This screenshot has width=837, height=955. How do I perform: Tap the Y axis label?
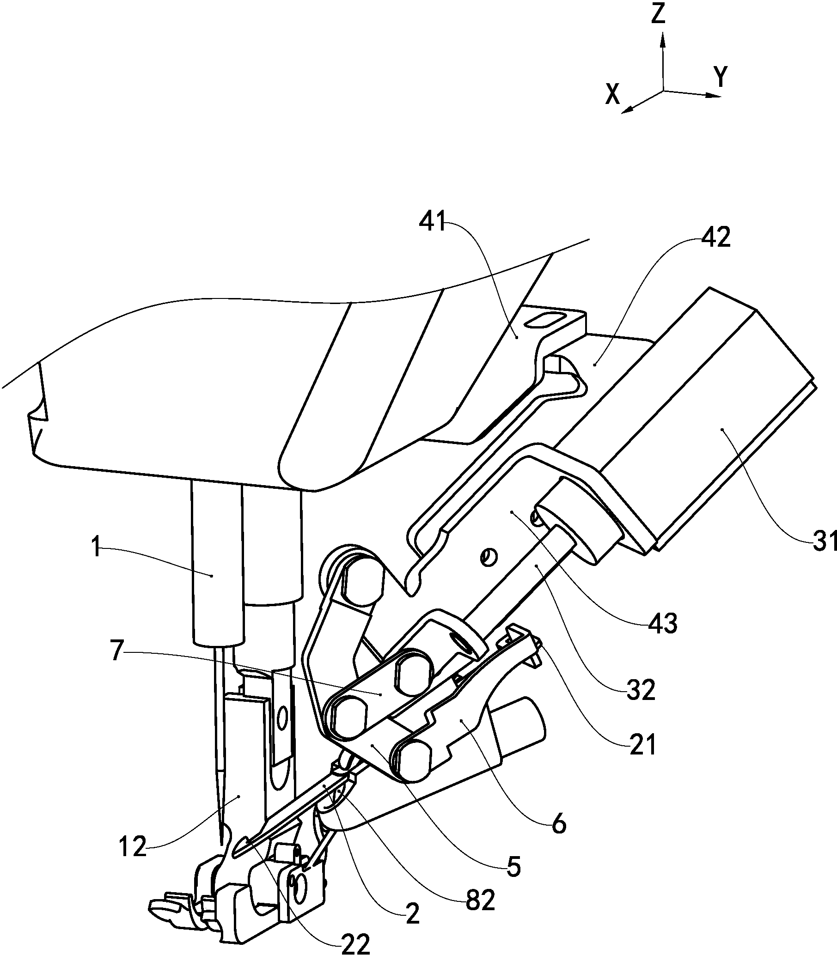(x=721, y=77)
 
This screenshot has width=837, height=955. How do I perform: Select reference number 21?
(x=643, y=745)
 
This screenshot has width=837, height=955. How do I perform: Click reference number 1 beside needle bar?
(x=96, y=547)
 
